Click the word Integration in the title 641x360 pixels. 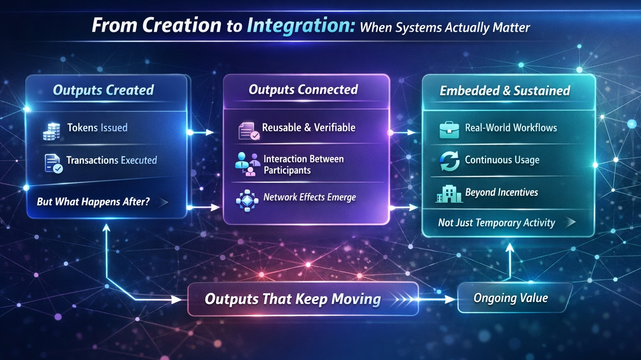(x=300, y=26)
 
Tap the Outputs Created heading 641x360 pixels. (x=103, y=90)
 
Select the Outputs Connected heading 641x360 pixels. (x=303, y=90)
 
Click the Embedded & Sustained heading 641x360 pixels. (x=505, y=91)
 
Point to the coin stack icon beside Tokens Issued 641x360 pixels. (x=51, y=131)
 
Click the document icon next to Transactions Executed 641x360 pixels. (x=53, y=164)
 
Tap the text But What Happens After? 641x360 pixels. (x=93, y=201)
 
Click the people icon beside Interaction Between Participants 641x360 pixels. (x=247, y=164)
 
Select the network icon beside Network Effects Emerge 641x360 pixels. (x=247, y=201)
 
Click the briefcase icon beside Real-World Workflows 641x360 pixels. (x=449, y=130)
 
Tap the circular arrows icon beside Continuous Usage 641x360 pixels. (x=449, y=161)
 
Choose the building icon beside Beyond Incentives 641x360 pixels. (x=449, y=194)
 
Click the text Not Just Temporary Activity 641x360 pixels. (x=497, y=223)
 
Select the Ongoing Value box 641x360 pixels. (x=515, y=298)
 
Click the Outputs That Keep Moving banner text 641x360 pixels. (x=293, y=299)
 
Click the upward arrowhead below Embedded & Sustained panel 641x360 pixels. (x=510, y=248)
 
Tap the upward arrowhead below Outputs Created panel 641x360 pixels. (x=106, y=228)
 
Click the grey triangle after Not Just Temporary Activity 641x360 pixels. (x=570, y=222)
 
